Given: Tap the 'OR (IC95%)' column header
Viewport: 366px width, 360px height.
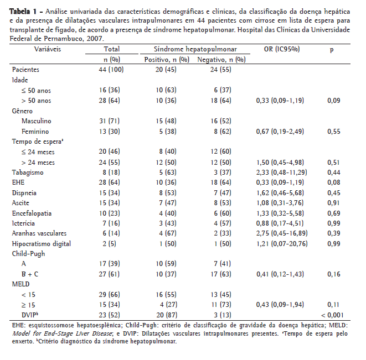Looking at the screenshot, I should tap(282, 49).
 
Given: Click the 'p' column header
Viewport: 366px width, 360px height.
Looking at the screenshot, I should tap(332, 49).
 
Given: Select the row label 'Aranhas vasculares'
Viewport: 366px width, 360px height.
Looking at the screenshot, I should tap(39, 233).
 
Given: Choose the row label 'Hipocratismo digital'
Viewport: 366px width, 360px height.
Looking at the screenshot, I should tap(42, 243).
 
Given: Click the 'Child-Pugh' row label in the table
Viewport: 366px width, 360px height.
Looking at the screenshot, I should tap(28, 254).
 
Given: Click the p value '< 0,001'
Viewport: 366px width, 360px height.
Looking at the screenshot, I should tap(331, 315).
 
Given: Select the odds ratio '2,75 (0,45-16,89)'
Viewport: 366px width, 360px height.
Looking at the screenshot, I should tap(282, 233).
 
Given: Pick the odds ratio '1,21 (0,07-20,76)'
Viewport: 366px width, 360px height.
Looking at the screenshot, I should tap(282, 243).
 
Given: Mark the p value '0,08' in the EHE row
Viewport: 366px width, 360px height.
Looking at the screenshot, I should tap(332, 182).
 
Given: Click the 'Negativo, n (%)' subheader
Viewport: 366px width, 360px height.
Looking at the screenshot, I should tap(220, 59).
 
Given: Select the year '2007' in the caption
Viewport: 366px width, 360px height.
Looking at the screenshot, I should tap(92, 40).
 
